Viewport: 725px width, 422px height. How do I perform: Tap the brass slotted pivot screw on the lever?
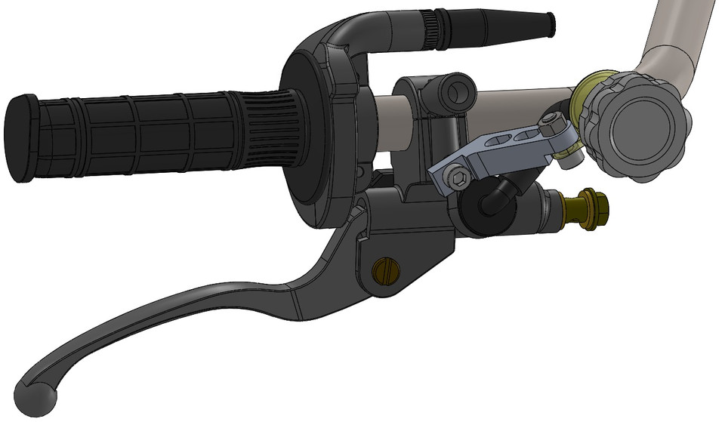tap(384, 270)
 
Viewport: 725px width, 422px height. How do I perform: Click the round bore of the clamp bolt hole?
tap(455, 93)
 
